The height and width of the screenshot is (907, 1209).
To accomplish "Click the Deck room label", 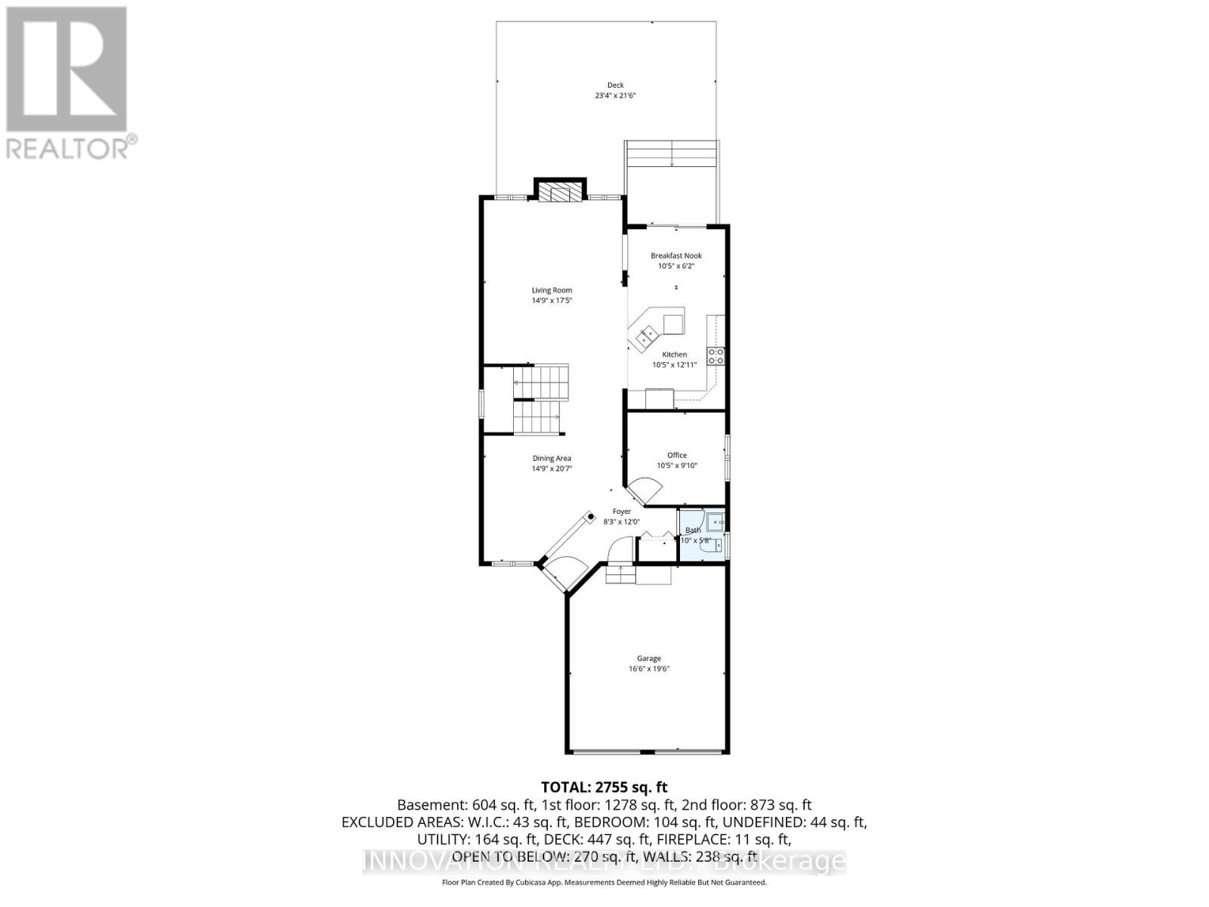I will [x=615, y=85].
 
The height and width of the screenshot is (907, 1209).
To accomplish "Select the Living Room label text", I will [x=552, y=290].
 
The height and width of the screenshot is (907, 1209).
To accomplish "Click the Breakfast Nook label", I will [x=676, y=255].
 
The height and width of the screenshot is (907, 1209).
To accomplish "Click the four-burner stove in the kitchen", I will [x=716, y=356].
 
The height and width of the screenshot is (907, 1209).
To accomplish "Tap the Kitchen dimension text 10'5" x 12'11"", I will [x=674, y=365].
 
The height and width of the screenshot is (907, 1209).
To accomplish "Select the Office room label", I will [x=677, y=455].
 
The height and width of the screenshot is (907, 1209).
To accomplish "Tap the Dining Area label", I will [x=552, y=458].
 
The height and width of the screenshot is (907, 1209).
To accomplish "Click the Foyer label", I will [x=621, y=512].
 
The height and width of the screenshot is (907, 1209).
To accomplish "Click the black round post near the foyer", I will [x=591, y=517].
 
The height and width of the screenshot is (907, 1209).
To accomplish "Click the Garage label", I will [x=648, y=658].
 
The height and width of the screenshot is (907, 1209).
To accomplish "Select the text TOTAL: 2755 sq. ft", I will [x=604, y=788].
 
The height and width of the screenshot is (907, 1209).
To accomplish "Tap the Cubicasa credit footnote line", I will [x=604, y=882].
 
